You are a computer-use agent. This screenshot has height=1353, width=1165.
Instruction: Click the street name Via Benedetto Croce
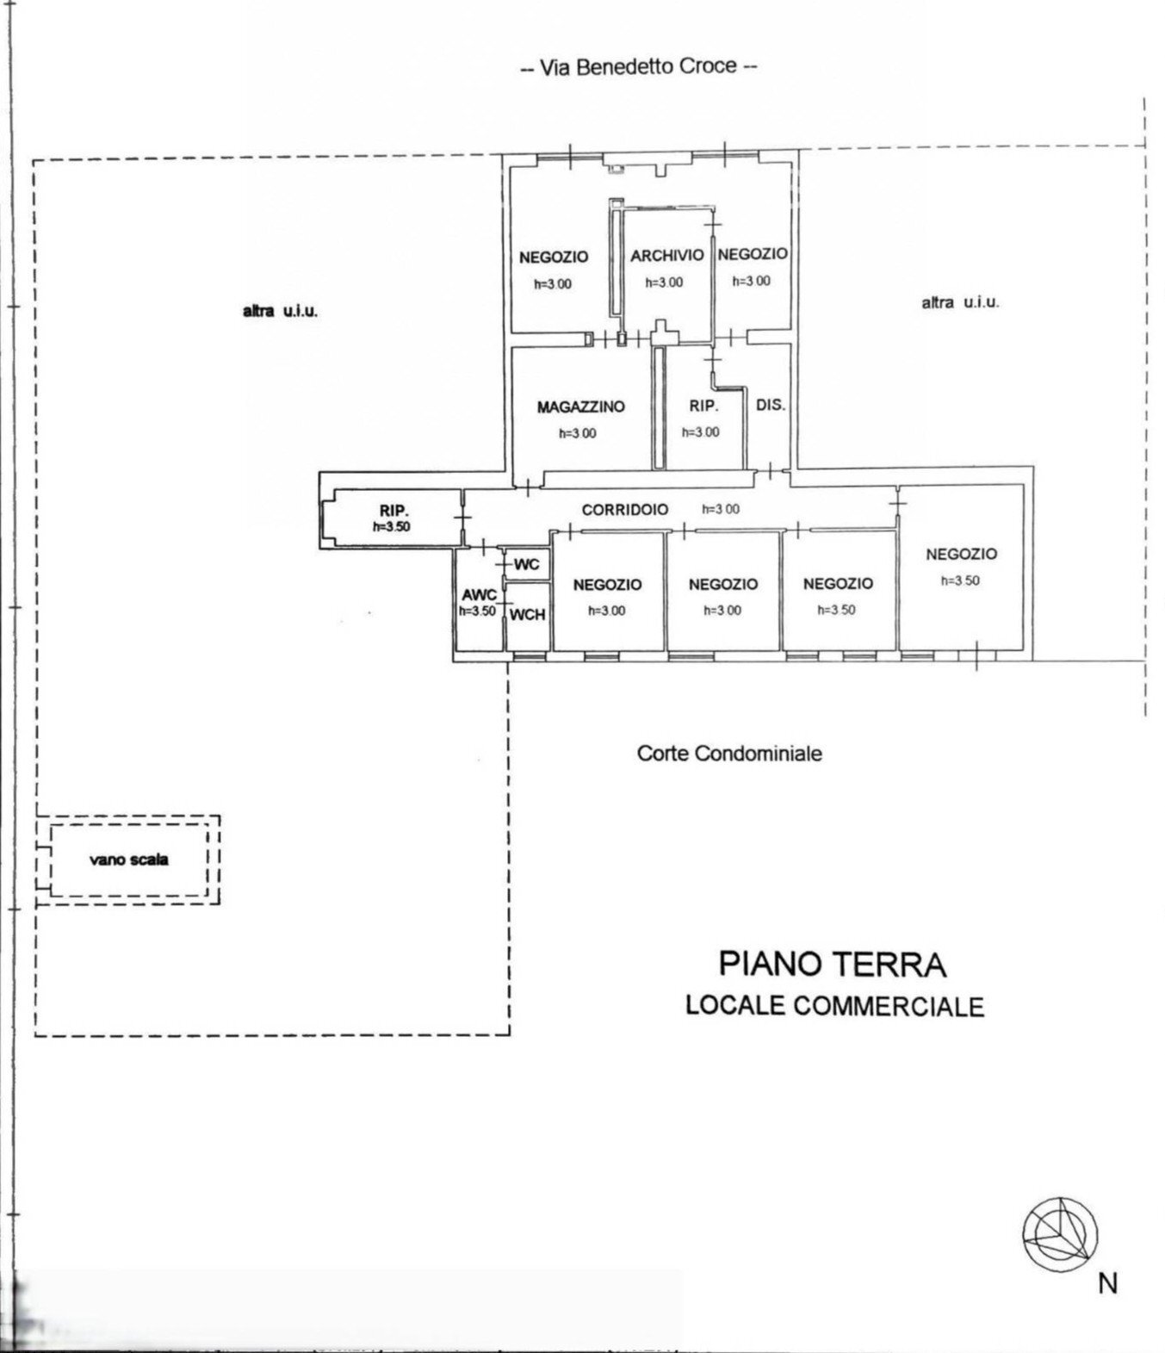[638, 67]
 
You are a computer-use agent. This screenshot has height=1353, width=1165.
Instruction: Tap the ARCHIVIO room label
[667, 255]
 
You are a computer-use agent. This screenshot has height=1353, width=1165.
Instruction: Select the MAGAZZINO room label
[580, 407]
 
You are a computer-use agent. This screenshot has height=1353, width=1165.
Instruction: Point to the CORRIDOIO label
[625, 509]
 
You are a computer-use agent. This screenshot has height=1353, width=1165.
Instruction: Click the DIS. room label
[771, 405]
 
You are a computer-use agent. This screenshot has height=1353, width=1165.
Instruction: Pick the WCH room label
[528, 614]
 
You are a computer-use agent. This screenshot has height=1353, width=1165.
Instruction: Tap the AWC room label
[479, 596]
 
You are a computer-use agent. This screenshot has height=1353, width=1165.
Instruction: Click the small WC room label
[527, 564]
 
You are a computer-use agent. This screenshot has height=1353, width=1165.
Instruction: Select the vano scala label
[129, 860]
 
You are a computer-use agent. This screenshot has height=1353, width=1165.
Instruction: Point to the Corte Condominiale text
[730, 754]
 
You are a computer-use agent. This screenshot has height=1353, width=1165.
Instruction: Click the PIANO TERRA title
[833, 965]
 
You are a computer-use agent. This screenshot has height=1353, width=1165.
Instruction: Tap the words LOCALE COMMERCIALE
[834, 1006]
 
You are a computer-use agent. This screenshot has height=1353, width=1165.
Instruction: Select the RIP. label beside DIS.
[703, 406]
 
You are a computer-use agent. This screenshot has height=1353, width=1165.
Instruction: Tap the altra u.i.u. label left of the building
[280, 312]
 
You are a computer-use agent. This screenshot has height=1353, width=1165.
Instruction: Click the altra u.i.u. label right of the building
[960, 302]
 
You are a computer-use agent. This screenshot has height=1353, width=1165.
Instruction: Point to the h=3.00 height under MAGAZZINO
[577, 432]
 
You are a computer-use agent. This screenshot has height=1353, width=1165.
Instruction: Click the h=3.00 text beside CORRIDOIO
[721, 509]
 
